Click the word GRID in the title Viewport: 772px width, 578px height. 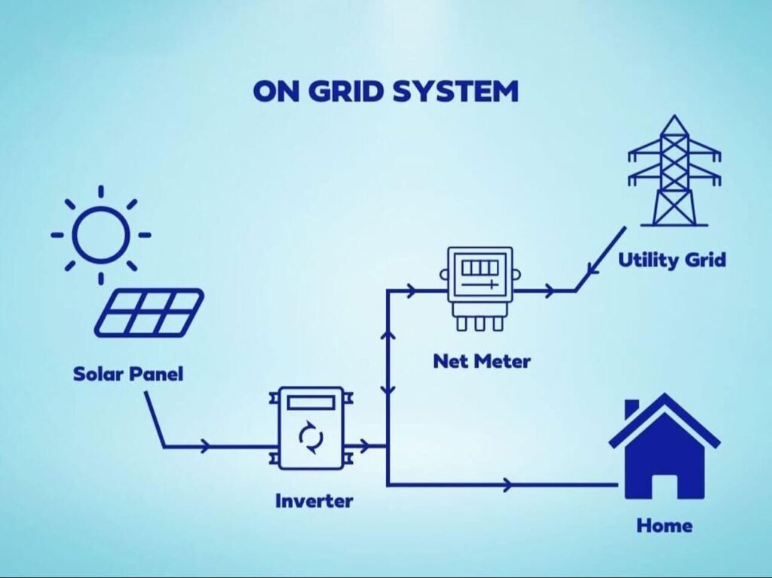point(344,91)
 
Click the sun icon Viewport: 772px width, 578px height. point(100,235)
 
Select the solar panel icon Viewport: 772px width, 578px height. point(149,312)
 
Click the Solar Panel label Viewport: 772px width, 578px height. point(128,373)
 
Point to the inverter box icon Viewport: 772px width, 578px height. point(310,428)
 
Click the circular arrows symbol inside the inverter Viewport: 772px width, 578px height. point(310,436)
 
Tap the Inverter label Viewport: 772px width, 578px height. point(313,500)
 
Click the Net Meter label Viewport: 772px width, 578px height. point(481,362)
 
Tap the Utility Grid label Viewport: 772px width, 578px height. point(672,261)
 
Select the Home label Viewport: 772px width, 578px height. point(664,525)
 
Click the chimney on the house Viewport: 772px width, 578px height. point(632,409)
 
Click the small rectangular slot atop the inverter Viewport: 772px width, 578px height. point(310,402)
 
